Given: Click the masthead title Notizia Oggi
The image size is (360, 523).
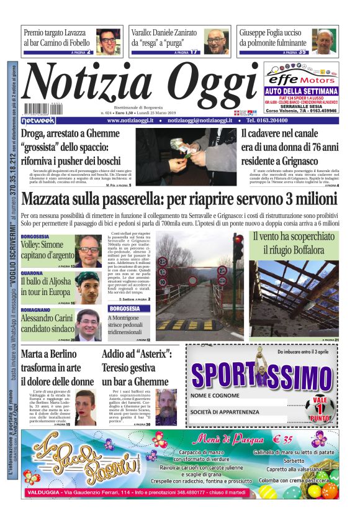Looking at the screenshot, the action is pos(140,84).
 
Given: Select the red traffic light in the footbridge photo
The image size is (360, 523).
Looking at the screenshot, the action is pos(238,247).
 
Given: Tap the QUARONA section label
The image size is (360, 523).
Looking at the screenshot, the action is pos(32,273).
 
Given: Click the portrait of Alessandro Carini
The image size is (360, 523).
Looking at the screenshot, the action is pos(88,325).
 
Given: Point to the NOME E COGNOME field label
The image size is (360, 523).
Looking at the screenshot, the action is pos(215,396).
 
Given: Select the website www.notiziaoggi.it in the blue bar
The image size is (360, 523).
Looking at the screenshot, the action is pos(134,121).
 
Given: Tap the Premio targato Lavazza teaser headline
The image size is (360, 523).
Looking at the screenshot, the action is pos(57,38).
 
